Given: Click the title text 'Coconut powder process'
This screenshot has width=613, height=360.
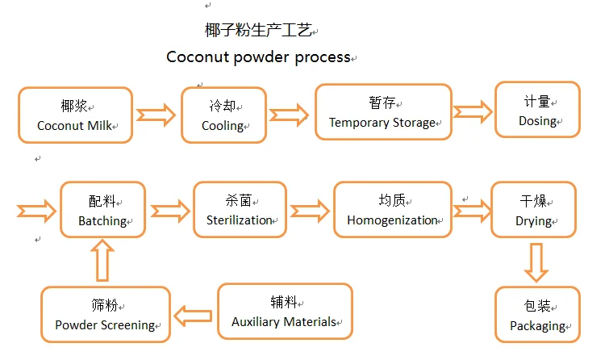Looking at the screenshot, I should [x=258, y=57].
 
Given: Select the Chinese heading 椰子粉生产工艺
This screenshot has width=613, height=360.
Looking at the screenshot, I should [x=257, y=31].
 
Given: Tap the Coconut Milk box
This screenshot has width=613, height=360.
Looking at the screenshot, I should [x=75, y=115].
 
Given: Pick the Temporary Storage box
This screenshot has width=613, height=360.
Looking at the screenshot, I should [x=382, y=112].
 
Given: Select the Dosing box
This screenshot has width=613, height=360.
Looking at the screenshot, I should [x=537, y=110].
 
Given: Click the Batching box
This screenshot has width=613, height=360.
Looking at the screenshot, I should [x=102, y=210].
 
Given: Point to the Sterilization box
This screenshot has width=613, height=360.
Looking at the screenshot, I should [x=240, y=210].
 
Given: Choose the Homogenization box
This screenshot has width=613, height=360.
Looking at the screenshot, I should [x=392, y=210].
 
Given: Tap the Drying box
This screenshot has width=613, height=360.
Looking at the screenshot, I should [x=534, y=210].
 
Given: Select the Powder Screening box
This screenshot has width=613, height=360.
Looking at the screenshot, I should [x=105, y=315].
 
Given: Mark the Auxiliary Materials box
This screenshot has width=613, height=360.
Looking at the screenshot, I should [x=285, y=311].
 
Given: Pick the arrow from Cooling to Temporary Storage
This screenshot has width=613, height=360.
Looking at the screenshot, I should [x=289, y=114].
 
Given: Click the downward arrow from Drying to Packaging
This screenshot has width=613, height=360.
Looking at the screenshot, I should [x=536, y=262].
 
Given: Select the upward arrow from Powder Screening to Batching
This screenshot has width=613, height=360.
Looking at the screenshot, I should [x=103, y=262].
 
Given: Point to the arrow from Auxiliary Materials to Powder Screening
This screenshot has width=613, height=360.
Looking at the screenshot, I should [x=194, y=313].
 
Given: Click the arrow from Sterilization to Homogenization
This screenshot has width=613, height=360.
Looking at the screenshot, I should [x=311, y=211].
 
